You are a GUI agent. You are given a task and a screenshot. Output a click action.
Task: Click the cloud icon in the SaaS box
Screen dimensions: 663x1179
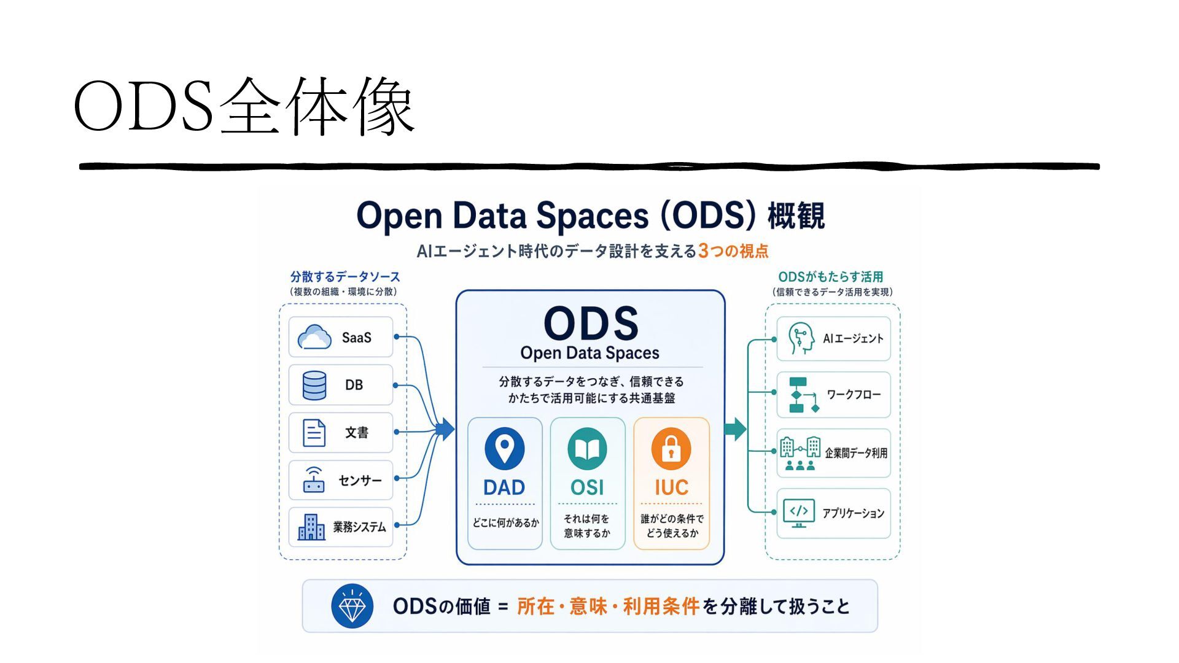pyautogui.click(x=314, y=338)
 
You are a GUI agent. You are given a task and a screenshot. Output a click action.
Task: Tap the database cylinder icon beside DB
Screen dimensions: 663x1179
pyautogui.click(x=314, y=386)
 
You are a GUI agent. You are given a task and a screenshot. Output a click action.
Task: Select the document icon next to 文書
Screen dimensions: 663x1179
pyautogui.click(x=314, y=433)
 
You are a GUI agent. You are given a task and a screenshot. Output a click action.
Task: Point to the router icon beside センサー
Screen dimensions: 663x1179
pyautogui.click(x=314, y=480)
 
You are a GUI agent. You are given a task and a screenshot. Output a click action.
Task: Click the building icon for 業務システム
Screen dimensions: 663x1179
pyautogui.click(x=311, y=527)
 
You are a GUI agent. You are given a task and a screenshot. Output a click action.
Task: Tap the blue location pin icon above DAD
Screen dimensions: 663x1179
pyautogui.click(x=505, y=449)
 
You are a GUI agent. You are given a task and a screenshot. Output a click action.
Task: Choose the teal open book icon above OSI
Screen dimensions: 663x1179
pyautogui.click(x=587, y=449)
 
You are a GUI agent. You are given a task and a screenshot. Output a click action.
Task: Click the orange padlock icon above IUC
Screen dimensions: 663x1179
pyautogui.click(x=671, y=449)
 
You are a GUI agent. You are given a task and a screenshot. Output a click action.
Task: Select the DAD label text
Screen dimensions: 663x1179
pyautogui.click(x=504, y=487)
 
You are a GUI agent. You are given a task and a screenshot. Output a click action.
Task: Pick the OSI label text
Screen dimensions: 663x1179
pyautogui.click(x=587, y=487)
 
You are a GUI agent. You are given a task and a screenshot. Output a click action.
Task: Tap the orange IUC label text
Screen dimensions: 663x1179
pyautogui.click(x=671, y=487)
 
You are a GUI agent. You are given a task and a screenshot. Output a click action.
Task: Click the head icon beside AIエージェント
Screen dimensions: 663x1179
pyautogui.click(x=801, y=338)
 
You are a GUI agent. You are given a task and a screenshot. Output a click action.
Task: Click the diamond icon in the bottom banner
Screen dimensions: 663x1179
pyautogui.click(x=352, y=607)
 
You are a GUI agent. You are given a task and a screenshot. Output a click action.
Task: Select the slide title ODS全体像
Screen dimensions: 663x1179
pyautogui.click(x=244, y=106)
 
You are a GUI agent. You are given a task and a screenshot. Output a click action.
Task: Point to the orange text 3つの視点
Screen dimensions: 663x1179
pyautogui.click(x=733, y=251)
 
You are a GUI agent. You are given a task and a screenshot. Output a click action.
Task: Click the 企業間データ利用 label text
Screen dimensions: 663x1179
pyautogui.click(x=856, y=453)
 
